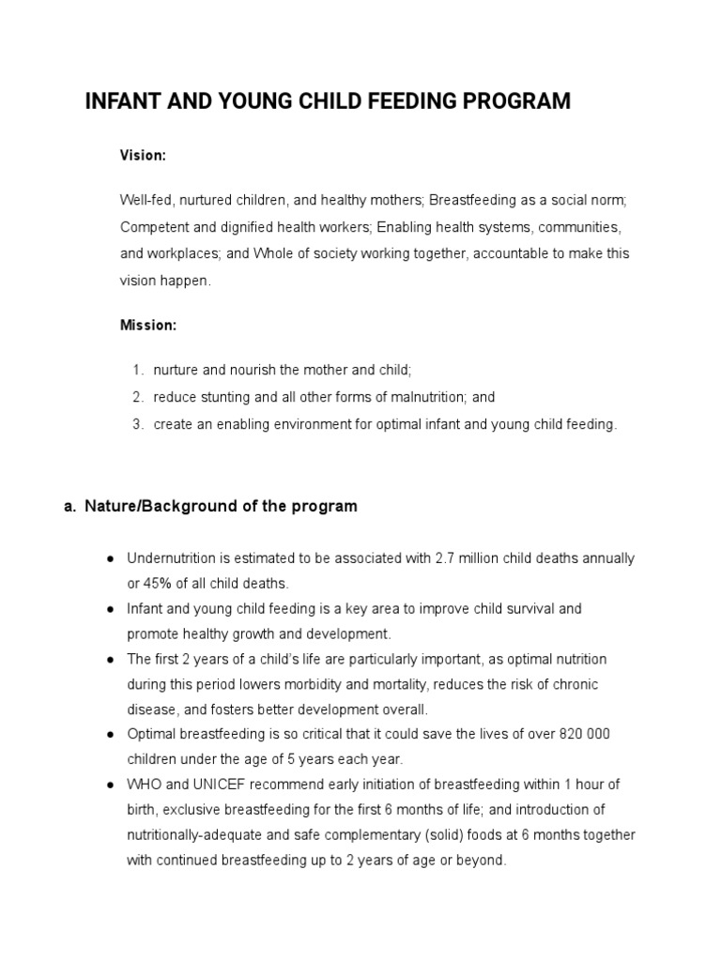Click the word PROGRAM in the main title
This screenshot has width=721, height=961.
click(519, 101)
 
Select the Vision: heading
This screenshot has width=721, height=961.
click(143, 156)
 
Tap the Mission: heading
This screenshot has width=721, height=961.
click(148, 325)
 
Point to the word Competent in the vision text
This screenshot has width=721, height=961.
click(150, 227)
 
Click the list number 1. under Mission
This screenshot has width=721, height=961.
click(137, 371)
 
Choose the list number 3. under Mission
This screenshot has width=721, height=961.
click(137, 424)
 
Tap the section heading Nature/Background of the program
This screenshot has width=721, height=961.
click(221, 507)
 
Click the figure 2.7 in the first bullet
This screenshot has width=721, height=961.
click(445, 558)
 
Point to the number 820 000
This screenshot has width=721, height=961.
click(596, 733)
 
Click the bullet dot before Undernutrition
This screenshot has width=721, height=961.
click(110, 558)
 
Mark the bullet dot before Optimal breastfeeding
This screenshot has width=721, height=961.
click(110, 733)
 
